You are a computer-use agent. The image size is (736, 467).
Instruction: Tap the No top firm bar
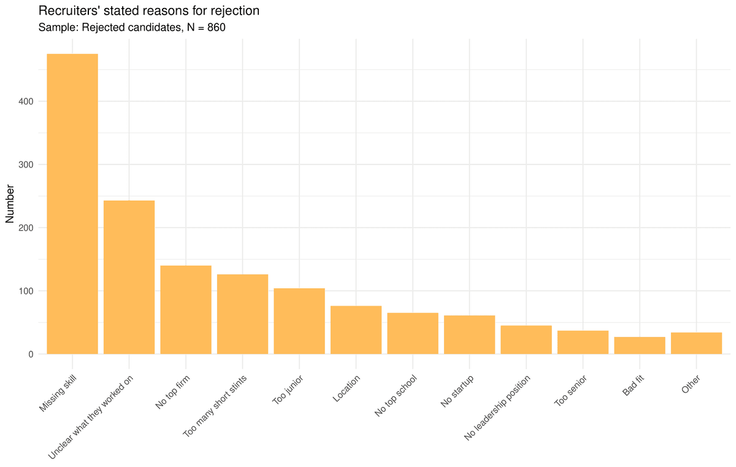[186, 310]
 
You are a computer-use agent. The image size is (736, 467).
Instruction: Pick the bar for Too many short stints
[242, 314]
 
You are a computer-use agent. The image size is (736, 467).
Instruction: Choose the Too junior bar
[299, 321]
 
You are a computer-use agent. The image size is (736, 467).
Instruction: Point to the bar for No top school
[413, 333]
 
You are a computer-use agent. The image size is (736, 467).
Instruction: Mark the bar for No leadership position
[526, 340]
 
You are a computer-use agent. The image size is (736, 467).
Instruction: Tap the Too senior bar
[583, 342]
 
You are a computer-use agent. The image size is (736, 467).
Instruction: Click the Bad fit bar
[640, 345]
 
